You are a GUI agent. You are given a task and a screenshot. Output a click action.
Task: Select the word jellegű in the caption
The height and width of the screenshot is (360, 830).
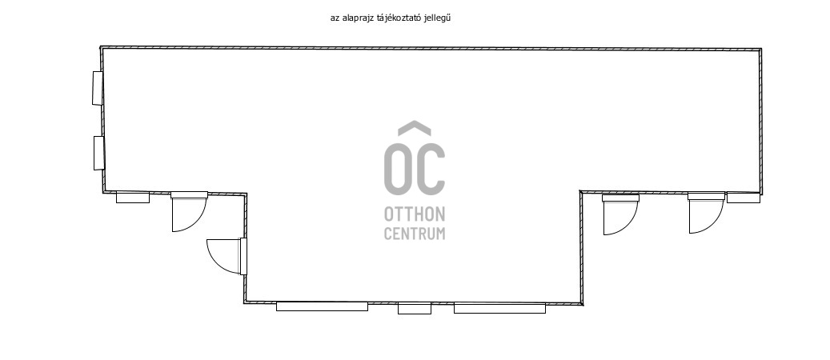pyautogui.click(x=437, y=18)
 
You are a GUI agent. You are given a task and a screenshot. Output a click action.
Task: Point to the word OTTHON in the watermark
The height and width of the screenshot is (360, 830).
pyautogui.click(x=415, y=214)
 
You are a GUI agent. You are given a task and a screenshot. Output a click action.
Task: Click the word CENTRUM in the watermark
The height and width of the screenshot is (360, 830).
pyautogui.click(x=415, y=234)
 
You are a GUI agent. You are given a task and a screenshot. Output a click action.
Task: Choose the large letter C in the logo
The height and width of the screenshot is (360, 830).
pyautogui.click(x=431, y=169)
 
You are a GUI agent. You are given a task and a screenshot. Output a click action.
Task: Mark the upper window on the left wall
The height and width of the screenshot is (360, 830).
pyautogui.click(x=98, y=88)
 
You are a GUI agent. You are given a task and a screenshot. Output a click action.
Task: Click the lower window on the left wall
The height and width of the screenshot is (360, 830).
pyautogui.click(x=98, y=153)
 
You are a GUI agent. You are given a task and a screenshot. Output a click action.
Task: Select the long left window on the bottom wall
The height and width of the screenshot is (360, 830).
pyautogui.click(x=322, y=306)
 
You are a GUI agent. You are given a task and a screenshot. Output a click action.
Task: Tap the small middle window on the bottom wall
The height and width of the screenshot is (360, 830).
pyautogui.click(x=415, y=308)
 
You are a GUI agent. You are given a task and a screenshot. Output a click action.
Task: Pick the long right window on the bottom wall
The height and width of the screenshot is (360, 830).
pyautogui.click(x=499, y=307)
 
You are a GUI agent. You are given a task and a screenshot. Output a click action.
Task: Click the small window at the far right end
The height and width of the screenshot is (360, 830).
pyautogui.click(x=744, y=198)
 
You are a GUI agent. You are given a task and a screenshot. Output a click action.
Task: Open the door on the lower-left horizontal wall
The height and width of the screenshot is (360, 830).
pyautogui.click(x=189, y=212)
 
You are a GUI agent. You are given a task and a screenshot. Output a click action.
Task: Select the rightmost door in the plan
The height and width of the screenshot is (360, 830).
pyautogui.click(x=706, y=213)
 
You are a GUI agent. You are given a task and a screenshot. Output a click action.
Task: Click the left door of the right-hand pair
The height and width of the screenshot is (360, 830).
pyautogui.click(x=620, y=214)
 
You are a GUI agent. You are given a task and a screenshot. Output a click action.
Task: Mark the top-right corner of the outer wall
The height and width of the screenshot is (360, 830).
pyautogui.click(x=760, y=50)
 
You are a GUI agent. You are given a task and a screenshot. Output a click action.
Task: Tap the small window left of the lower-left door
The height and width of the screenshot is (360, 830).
pyautogui.click(x=133, y=198)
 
